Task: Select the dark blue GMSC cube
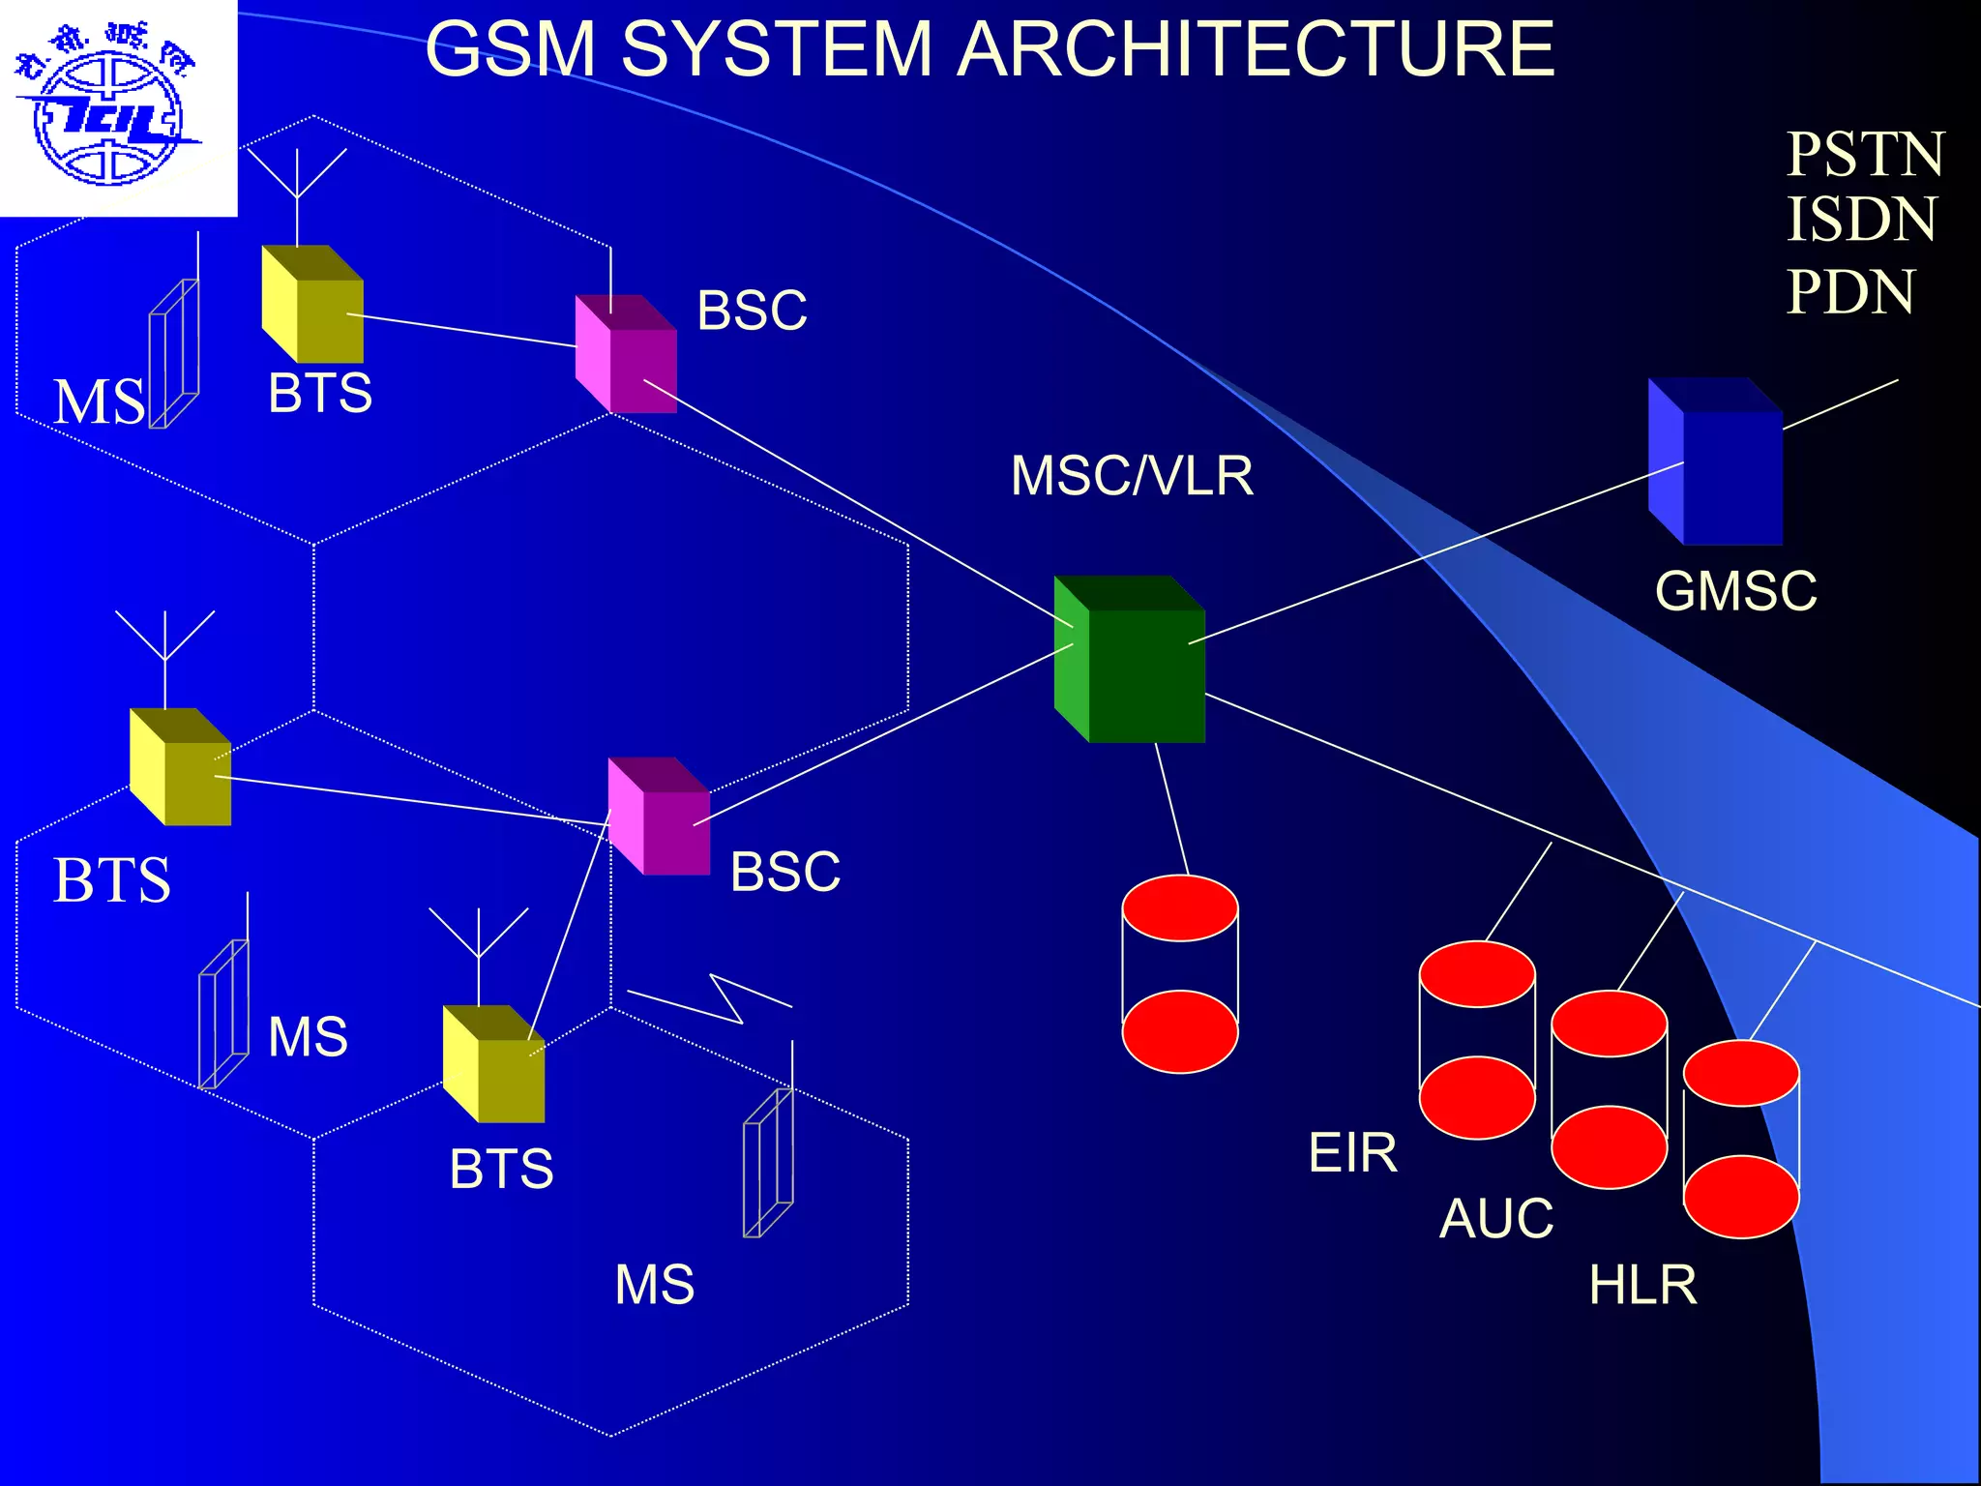tap(1717, 464)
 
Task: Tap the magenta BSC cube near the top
tap(627, 355)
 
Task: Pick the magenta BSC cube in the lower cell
tap(660, 817)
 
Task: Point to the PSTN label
tap(1864, 155)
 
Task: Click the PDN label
tap(1849, 291)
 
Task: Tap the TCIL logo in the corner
tap(108, 108)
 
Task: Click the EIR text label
tap(1352, 1153)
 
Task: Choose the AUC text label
tap(1496, 1218)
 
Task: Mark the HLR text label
tap(1642, 1285)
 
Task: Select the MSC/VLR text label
tap(1132, 476)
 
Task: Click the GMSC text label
tap(1735, 591)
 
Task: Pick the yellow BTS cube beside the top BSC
tap(313, 306)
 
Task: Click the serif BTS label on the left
tap(112, 880)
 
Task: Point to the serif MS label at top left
tap(100, 402)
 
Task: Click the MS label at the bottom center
tap(655, 1285)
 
